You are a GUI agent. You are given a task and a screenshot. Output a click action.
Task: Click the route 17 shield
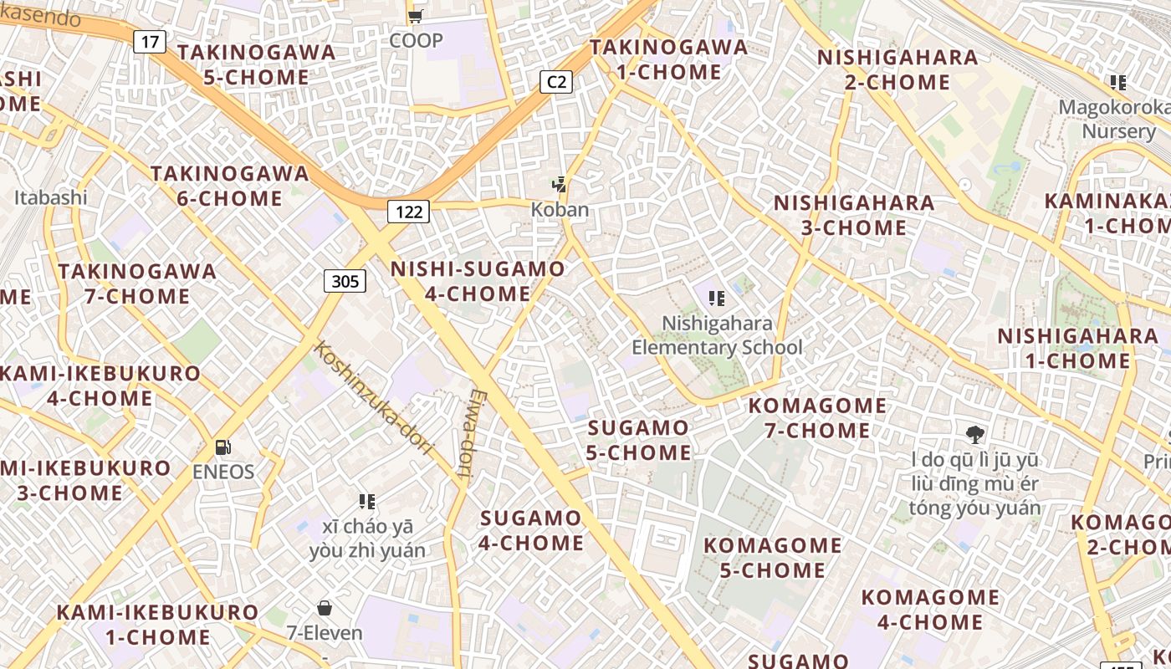pos(150,42)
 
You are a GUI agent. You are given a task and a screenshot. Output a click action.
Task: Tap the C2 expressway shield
pos(556,81)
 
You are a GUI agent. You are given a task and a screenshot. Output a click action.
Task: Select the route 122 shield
pos(408,212)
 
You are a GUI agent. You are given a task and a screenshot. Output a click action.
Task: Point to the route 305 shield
pos(345,281)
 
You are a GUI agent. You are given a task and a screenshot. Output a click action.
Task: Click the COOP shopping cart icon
pos(415,16)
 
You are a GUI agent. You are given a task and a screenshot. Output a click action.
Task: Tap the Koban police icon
pos(560,185)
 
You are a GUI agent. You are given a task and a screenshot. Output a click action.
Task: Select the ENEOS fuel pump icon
pos(222,447)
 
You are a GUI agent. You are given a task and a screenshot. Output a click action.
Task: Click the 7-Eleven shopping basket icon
pos(325,608)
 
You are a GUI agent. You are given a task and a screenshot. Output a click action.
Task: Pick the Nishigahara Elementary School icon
pos(716,299)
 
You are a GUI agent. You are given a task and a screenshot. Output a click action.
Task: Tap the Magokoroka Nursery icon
pos(1118,83)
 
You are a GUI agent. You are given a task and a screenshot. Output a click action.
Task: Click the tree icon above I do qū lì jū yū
pos(974,434)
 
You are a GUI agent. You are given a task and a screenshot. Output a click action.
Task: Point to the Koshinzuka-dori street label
pos(373,398)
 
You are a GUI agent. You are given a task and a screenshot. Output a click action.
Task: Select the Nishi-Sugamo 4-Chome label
pos(478,281)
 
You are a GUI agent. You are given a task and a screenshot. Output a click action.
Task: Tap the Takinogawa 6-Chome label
pos(229,186)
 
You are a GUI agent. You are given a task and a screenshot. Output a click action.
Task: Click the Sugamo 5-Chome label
pos(639,440)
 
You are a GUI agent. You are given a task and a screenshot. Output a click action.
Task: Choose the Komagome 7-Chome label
pos(817,418)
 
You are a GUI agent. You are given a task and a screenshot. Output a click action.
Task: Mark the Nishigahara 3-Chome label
pos(853,215)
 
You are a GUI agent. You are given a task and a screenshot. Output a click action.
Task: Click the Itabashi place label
pos(51,198)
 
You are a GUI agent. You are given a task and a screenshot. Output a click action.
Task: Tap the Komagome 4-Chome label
pos(930,610)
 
